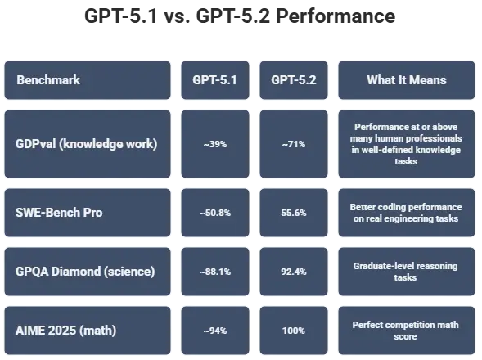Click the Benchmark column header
click(x=48, y=81)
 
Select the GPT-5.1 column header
click(x=214, y=81)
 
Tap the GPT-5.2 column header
click(x=293, y=81)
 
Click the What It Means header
click(x=407, y=81)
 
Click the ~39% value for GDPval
click(x=214, y=145)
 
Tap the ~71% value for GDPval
click(x=293, y=145)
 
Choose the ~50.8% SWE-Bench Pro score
click(x=214, y=213)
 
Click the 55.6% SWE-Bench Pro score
click(x=293, y=213)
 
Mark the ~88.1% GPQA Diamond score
click(x=214, y=272)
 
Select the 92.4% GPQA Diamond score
click(x=293, y=272)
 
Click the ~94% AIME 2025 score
click(x=214, y=331)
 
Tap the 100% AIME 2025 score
click(x=293, y=331)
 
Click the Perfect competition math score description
click(x=407, y=331)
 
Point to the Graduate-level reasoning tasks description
click(x=407, y=272)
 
